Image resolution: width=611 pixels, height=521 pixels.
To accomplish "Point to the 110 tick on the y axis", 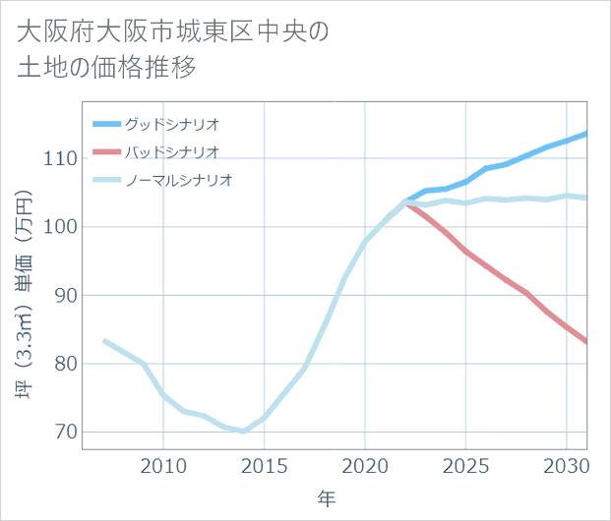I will [60, 158].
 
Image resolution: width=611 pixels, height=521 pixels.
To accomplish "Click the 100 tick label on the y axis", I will [60, 227].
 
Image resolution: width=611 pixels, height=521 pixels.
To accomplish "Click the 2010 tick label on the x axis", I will [163, 464].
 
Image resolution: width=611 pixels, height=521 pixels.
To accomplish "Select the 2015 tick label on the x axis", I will [264, 464].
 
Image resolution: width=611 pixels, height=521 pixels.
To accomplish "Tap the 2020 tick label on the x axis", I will [365, 464].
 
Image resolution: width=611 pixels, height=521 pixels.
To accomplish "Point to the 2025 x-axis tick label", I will [465, 464].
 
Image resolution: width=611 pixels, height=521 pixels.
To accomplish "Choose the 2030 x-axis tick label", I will [567, 464].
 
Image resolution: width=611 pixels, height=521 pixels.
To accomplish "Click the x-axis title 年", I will [326, 498].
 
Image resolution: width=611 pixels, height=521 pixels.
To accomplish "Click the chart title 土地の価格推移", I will [107, 68].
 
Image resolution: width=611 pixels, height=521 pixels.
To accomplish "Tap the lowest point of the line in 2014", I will [244, 432].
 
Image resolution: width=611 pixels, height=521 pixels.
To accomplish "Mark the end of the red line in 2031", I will [586, 342].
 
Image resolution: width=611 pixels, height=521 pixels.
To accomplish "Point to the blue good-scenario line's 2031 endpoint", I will [586, 134].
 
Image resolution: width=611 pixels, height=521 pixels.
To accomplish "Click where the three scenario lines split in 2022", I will [405, 203].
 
